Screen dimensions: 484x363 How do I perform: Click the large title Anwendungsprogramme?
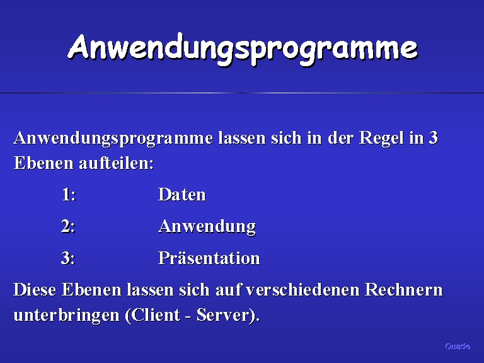(x=243, y=49)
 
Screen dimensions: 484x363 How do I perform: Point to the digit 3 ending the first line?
(x=434, y=137)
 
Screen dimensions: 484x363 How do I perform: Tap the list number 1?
(x=69, y=195)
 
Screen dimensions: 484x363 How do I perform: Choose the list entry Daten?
(x=181, y=195)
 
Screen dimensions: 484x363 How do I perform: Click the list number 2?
(x=68, y=226)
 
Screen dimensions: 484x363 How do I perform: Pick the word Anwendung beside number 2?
(x=207, y=227)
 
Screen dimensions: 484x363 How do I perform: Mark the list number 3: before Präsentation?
(x=68, y=258)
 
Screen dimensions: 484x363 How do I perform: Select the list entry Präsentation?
(x=209, y=257)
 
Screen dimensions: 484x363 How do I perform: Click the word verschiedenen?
(x=302, y=289)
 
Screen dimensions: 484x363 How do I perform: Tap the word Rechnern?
(x=404, y=289)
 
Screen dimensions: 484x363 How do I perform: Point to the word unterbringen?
(x=66, y=316)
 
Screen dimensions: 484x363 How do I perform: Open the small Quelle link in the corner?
(x=458, y=347)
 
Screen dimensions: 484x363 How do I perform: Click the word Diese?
(x=35, y=289)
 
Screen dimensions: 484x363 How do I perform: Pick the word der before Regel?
(x=340, y=137)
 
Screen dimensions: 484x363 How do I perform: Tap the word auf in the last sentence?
(x=228, y=289)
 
